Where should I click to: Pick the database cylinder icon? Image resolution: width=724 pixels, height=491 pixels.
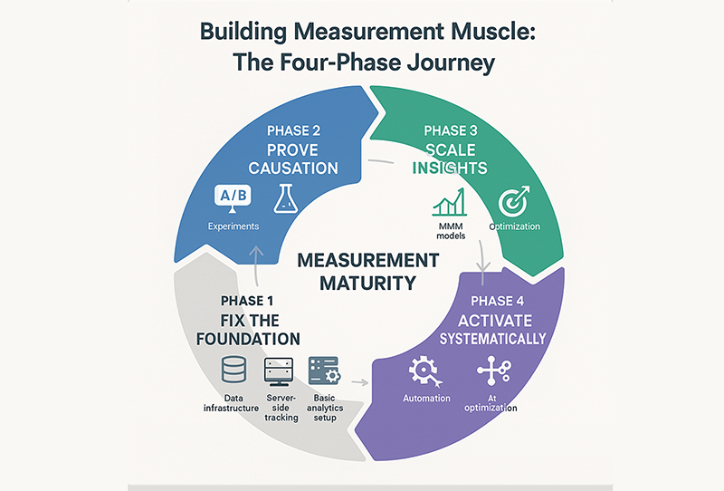point(234,370)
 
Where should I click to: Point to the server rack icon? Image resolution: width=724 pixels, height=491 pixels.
point(275,370)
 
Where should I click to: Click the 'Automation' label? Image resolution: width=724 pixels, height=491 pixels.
point(426,399)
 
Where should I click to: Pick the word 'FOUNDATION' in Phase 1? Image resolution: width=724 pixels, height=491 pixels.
point(248,339)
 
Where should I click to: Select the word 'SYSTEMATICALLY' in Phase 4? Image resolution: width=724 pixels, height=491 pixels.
point(492,339)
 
